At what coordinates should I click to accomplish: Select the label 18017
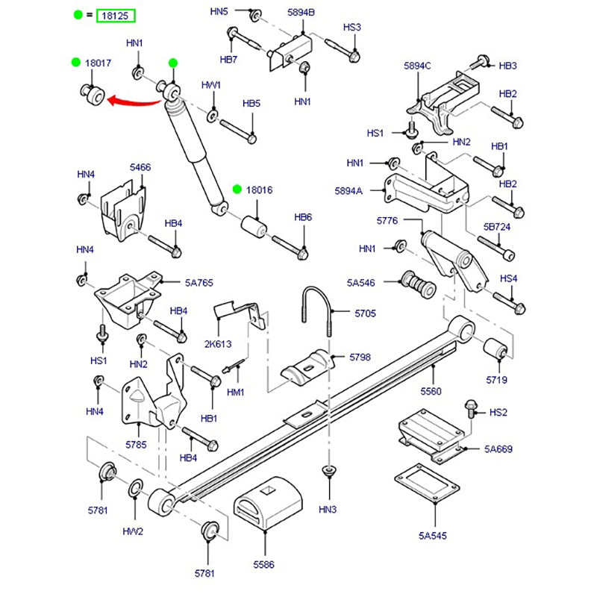point(98,63)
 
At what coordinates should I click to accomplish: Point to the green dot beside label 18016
point(237,190)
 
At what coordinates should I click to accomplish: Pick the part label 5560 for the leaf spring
point(431,391)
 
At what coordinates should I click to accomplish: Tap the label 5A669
point(498,449)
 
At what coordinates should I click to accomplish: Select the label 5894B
point(301,13)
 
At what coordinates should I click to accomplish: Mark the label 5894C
point(417,66)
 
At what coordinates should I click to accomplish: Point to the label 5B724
point(496,226)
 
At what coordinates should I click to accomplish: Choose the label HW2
point(133,532)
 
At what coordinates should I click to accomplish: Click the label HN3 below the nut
point(328,510)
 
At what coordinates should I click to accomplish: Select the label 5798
point(360,357)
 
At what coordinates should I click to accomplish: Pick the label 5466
point(140,168)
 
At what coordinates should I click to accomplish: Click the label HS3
point(352,28)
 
